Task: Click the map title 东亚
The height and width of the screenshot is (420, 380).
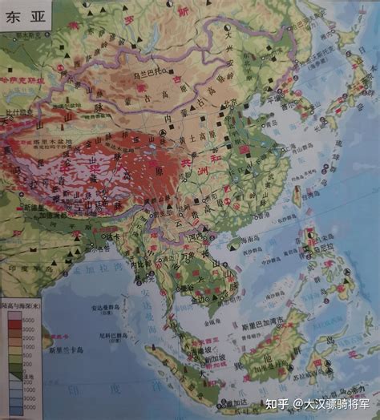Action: click(22, 21)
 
